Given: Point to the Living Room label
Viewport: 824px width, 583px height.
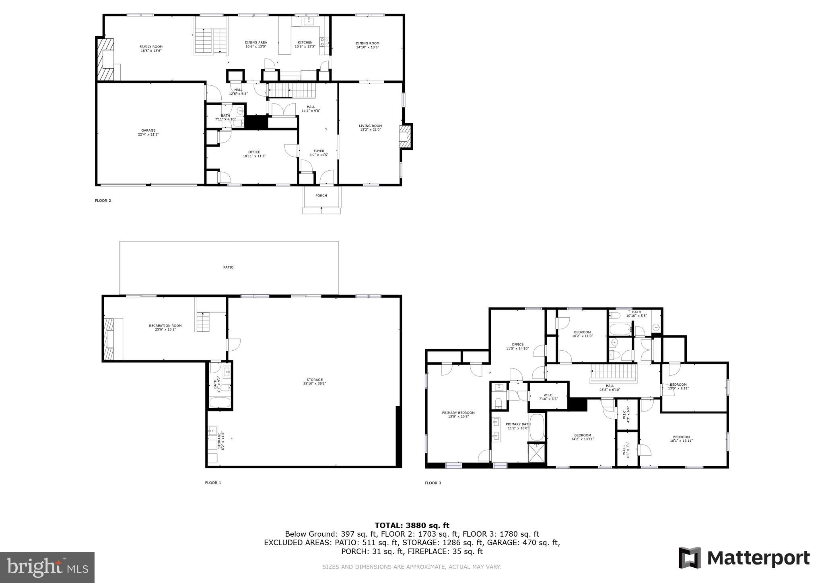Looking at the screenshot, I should click(x=370, y=128).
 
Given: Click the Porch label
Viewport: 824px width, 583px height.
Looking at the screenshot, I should click(x=321, y=196).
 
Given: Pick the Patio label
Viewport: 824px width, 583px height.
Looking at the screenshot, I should click(x=228, y=267).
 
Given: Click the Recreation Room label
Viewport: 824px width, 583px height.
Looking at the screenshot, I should click(x=165, y=327).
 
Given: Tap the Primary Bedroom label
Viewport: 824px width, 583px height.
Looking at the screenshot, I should click(x=458, y=414).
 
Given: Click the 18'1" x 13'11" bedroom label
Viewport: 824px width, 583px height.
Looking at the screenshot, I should click(x=681, y=438).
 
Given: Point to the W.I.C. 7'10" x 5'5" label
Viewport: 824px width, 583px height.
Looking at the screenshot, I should click(x=548, y=397).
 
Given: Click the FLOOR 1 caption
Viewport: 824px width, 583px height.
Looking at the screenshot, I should click(x=213, y=483).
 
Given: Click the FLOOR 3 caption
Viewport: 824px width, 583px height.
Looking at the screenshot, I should click(x=433, y=483).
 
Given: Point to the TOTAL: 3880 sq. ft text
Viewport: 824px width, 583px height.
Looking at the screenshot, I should click(x=412, y=525).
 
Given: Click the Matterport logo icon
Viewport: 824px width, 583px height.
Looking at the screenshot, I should click(x=689, y=558).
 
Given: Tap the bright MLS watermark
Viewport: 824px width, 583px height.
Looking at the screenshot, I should click(x=47, y=567).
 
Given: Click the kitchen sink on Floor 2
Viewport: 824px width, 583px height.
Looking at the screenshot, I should click(x=309, y=21).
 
